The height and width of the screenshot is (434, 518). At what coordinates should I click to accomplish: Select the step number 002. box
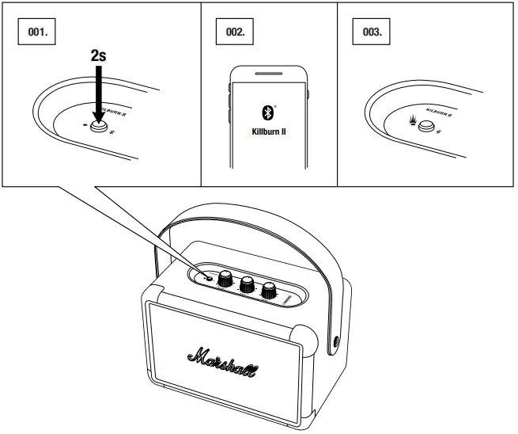click(x=235, y=33)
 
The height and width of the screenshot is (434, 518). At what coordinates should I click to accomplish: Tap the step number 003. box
click(x=372, y=33)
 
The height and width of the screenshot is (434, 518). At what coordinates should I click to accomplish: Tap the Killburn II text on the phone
click(x=268, y=131)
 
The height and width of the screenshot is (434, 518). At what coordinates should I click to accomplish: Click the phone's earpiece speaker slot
click(x=268, y=77)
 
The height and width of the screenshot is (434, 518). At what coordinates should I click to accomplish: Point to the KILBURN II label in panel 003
click(x=439, y=113)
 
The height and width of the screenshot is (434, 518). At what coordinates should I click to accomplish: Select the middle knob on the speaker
click(x=246, y=284)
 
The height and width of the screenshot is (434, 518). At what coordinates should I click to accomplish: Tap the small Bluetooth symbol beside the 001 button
click(x=112, y=131)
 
